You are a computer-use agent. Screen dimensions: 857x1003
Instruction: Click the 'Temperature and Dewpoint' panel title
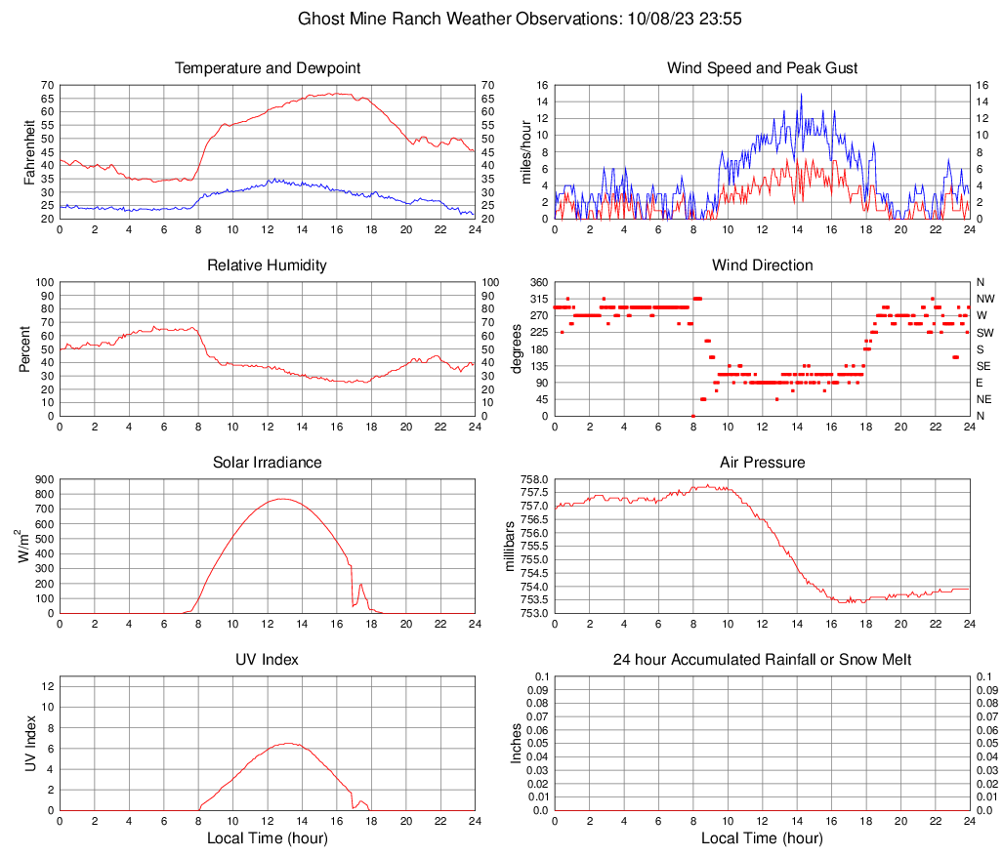pyautogui.click(x=267, y=68)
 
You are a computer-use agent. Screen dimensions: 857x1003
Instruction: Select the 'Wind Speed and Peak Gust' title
pyautogui.click(x=762, y=68)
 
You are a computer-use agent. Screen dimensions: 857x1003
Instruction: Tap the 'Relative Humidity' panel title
pyautogui.click(x=267, y=265)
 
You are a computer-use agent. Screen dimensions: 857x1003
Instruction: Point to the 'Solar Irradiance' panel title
pyautogui.click(x=267, y=463)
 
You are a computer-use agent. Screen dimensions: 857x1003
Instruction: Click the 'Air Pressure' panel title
pyautogui.click(x=762, y=463)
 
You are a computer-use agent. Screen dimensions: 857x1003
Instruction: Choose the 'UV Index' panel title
pyautogui.click(x=267, y=660)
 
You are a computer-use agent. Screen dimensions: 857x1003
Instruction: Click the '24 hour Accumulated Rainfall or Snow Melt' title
pyautogui.click(x=762, y=660)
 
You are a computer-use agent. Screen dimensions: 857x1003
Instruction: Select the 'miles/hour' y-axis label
pyautogui.click(x=525, y=151)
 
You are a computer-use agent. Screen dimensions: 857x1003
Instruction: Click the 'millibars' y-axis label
pyautogui.click(x=508, y=547)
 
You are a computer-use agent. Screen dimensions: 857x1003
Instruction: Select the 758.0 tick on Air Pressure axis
pyautogui.click(x=535, y=480)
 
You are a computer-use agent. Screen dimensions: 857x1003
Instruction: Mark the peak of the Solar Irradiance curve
pyautogui.click(x=282, y=499)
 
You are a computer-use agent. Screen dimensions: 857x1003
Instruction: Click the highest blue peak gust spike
pyautogui.click(x=801, y=94)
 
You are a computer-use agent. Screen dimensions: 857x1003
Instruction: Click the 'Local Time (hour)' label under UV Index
pyautogui.click(x=267, y=838)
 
